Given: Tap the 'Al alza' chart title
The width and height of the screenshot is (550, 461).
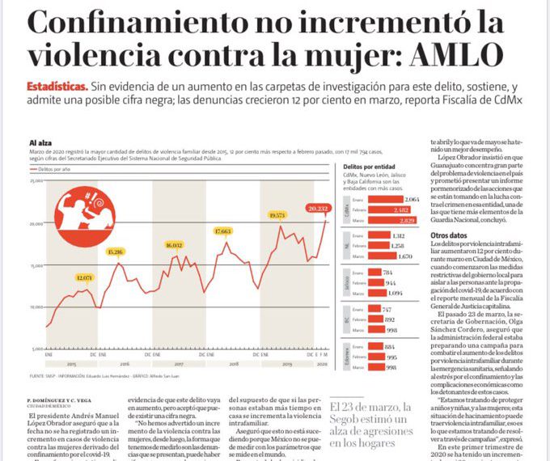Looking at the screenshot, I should (x=42, y=142).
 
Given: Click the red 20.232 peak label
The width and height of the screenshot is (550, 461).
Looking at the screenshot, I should (x=318, y=208).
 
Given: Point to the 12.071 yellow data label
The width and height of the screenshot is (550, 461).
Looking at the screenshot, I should (x=84, y=277).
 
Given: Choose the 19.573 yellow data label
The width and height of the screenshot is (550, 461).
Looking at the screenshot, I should (x=277, y=215).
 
